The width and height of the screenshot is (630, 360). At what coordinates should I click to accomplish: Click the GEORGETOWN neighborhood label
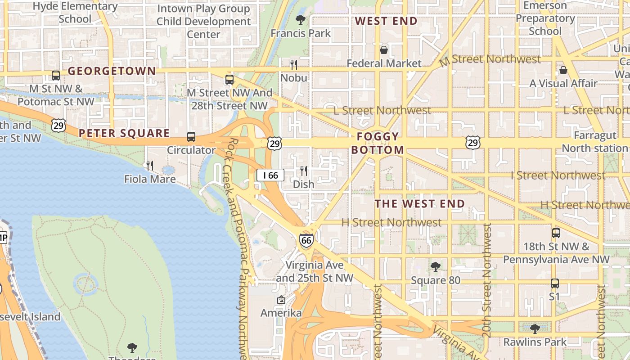[x=112, y=71]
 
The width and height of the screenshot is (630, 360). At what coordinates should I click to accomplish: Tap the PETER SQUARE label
[x=124, y=133]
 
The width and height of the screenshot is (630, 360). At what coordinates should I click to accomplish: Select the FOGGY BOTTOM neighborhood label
[x=378, y=143]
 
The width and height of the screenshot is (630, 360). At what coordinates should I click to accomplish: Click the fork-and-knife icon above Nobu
[x=294, y=65]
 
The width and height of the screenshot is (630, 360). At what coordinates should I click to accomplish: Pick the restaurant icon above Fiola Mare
[x=150, y=166]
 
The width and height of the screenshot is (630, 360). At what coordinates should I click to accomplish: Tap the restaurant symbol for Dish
[x=304, y=171]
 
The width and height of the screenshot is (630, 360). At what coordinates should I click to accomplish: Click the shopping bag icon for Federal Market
[x=384, y=50]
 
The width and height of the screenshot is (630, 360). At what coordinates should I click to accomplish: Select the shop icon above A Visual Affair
[x=563, y=70]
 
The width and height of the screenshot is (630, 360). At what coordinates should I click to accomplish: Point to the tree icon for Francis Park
[x=300, y=19]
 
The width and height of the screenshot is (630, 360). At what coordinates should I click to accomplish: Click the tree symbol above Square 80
[x=435, y=267]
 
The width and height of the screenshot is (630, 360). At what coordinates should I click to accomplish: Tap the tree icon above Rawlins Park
[x=535, y=328]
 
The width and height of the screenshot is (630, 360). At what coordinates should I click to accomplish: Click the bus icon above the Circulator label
[x=191, y=137]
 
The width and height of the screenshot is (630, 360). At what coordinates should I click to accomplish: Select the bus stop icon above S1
[x=554, y=283]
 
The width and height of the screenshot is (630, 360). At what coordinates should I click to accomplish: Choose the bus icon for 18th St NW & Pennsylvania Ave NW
[x=556, y=233]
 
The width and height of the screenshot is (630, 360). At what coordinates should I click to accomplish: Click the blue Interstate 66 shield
[x=306, y=240]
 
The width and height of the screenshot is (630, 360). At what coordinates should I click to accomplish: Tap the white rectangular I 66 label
[x=270, y=175]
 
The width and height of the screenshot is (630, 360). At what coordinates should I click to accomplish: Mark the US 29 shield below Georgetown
[x=58, y=125]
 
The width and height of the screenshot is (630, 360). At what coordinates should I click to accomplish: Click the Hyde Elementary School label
[x=75, y=13]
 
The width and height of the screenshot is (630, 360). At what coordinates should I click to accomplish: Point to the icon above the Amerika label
[x=281, y=300]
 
